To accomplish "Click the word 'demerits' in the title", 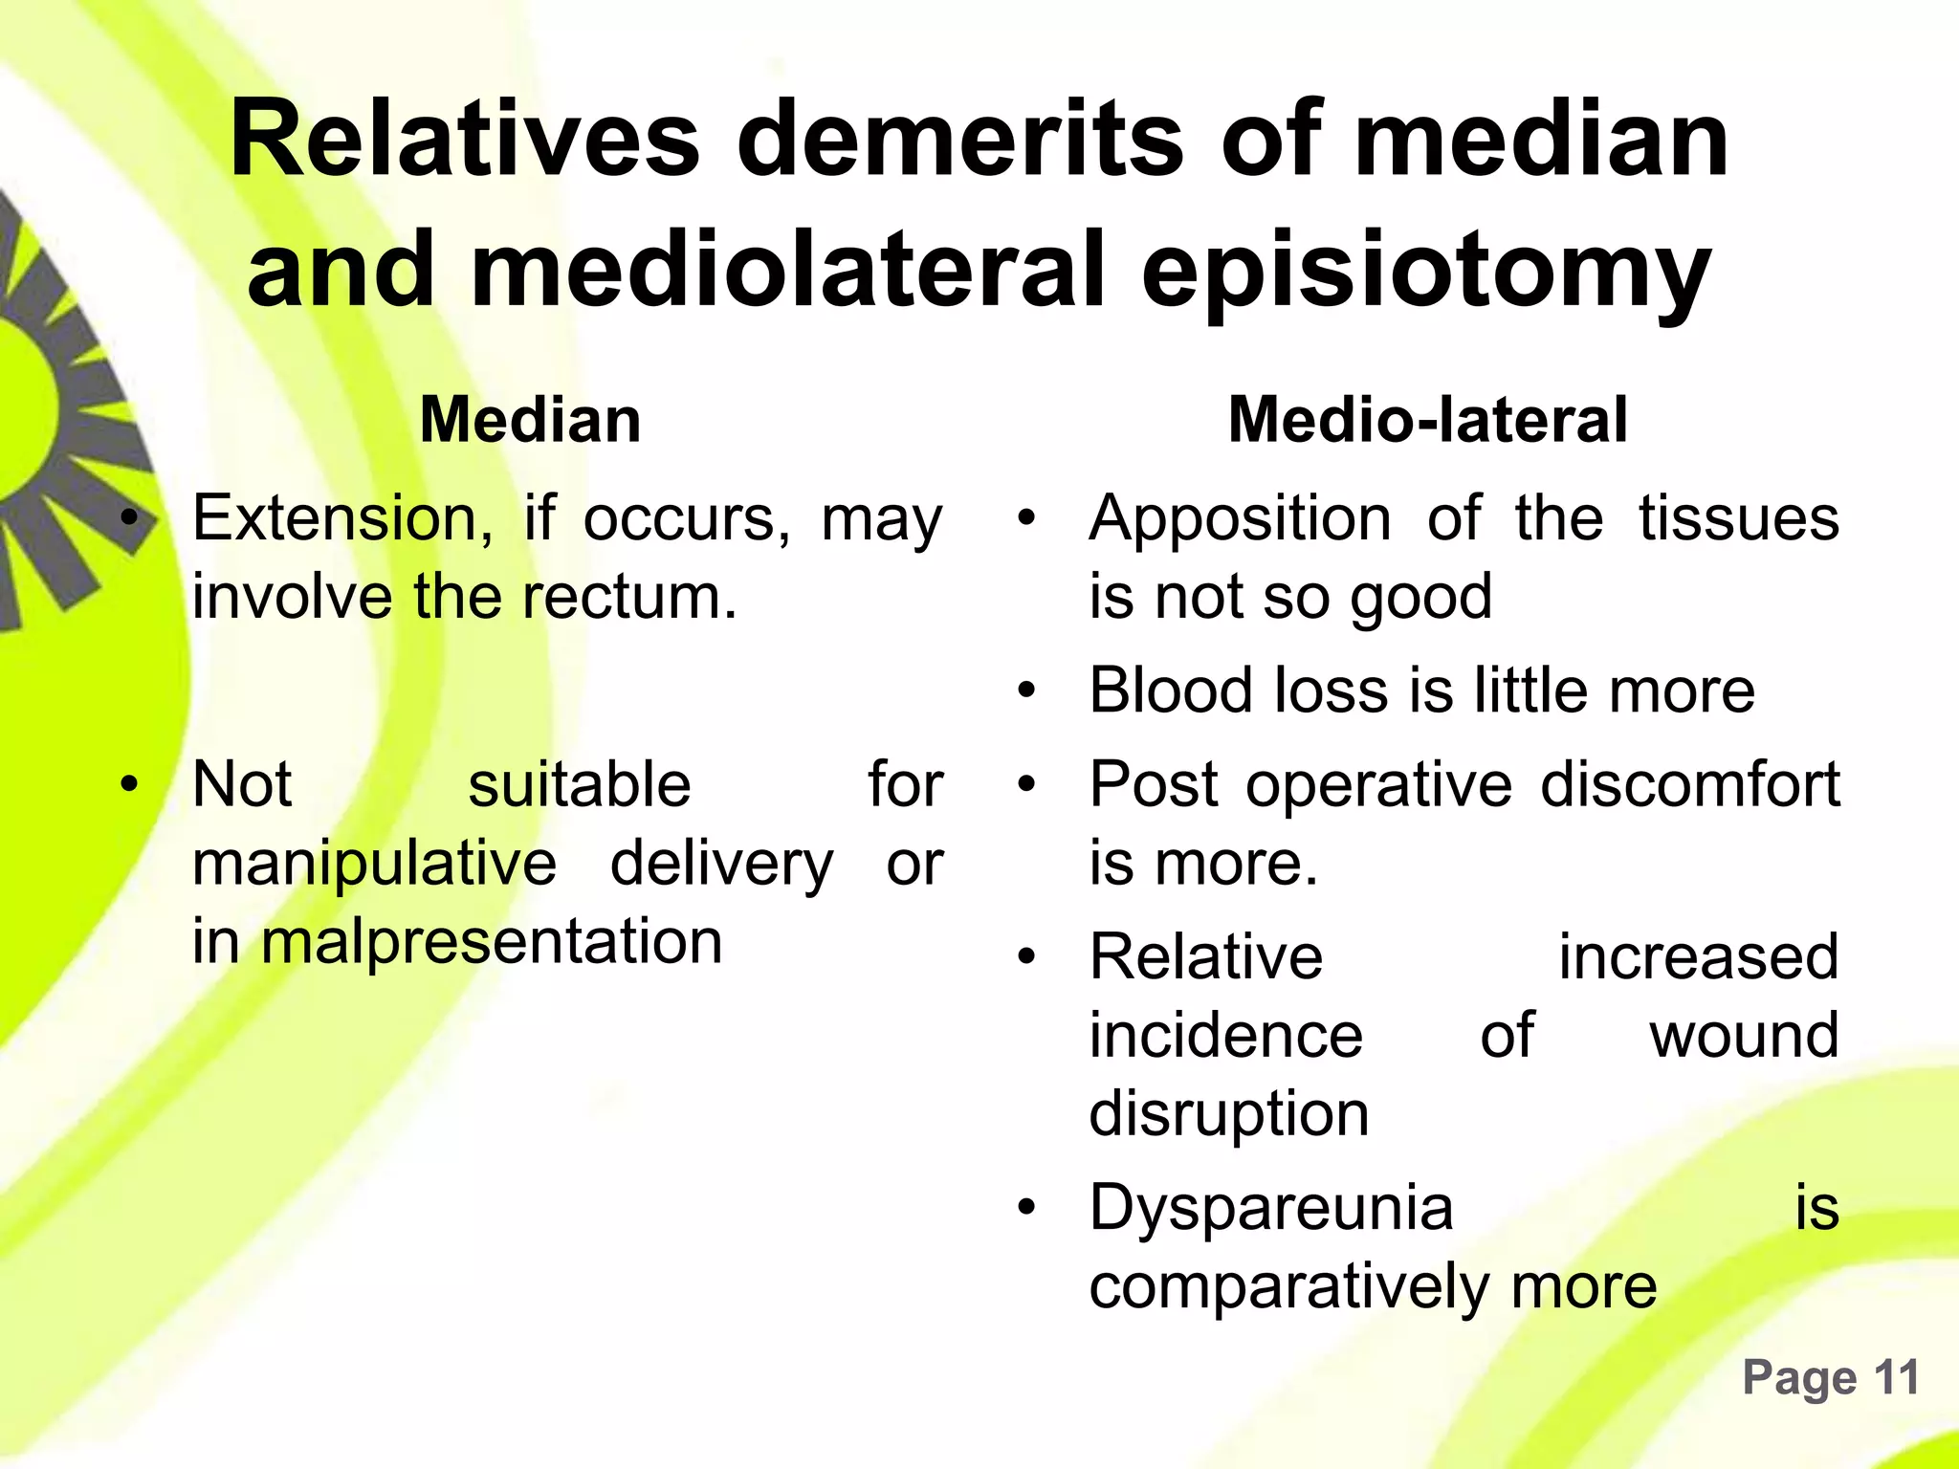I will tap(960, 141).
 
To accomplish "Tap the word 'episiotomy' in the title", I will tap(1426, 273).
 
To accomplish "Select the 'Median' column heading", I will tap(530, 420).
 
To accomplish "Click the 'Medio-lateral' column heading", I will tap(1427, 420).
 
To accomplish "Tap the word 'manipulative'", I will tap(374, 864).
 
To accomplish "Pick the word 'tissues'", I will tap(1738, 519).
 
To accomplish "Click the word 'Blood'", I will tap(1171, 691).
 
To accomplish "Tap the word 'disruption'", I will tap(1229, 1115).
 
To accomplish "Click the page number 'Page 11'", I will tap(1830, 1378).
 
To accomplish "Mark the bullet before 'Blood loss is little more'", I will tap(1027, 691).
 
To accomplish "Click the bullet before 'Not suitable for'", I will tap(129, 785).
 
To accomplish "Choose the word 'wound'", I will tap(1743, 1036).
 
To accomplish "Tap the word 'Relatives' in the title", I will tap(465, 141).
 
